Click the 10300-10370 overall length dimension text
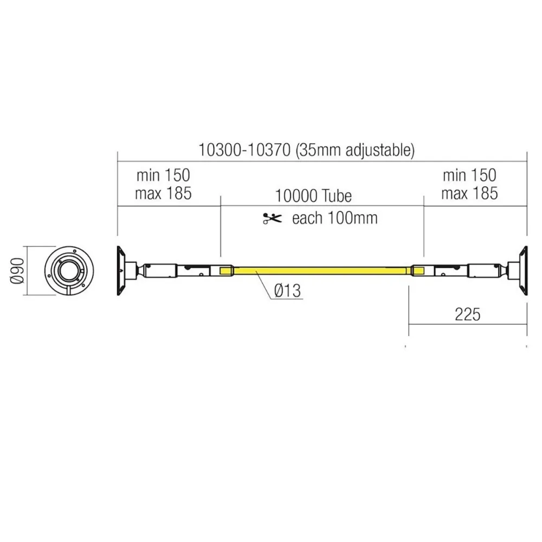(246, 150)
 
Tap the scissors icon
(272, 218)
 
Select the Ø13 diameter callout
(287, 292)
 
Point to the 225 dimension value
(467, 314)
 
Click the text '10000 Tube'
(313, 195)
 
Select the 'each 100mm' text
(334, 218)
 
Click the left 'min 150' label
(163, 175)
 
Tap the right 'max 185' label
(469, 193)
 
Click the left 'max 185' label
(163, 193)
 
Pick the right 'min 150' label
(469, 175)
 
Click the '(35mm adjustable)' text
(356, 150)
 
